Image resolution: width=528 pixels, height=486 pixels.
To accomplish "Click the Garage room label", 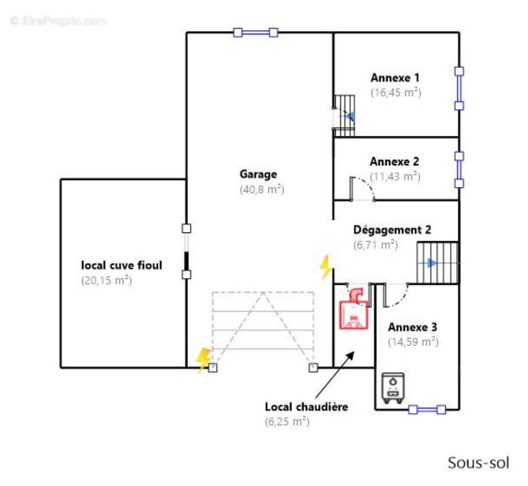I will pyautogui.click(x=258, y=174).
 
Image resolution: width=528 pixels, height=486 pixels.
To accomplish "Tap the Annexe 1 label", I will pyautogui.click(x=395, y=78).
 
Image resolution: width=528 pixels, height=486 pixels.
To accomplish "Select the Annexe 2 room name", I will pyautogui.click(x=394, y=162).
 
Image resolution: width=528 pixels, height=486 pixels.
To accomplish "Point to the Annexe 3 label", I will pyautogui.click(x=412, y=327).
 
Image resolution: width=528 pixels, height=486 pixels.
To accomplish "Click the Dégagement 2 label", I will pyautogui.click(x=392, y=230).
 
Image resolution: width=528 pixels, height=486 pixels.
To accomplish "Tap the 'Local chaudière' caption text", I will pyautogui.click(x=307, y=407).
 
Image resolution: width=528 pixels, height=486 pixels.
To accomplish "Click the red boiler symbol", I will pyautogui.click(x=354, y=308).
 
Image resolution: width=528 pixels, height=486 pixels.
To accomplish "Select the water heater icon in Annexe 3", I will pyautogui.click(x=392, y=388).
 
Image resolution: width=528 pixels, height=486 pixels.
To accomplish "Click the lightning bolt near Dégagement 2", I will pyautogui.click(x=326, y=266).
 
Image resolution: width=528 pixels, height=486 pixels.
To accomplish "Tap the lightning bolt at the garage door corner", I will pyautogui.click(x=203, y=359).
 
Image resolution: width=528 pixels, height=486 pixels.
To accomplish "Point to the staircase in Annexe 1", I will pyautogui.click(x=345, y=115).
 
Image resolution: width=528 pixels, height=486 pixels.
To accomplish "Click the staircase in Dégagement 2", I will pyautogui.click(x=436, y=263).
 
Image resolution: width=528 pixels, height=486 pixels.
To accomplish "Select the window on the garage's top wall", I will pyautogui.click(x=255, y=33).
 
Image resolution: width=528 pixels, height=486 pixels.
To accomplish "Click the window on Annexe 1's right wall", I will pyautogui.click(x=459, y=88).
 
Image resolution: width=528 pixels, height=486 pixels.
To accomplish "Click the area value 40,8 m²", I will pyautogui.click(x=262, y=190).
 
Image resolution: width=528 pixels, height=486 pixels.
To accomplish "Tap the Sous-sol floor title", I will pyautogui.click(x=478, y=462).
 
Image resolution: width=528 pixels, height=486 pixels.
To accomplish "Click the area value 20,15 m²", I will pyautogui.click(x=106, y=281).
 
